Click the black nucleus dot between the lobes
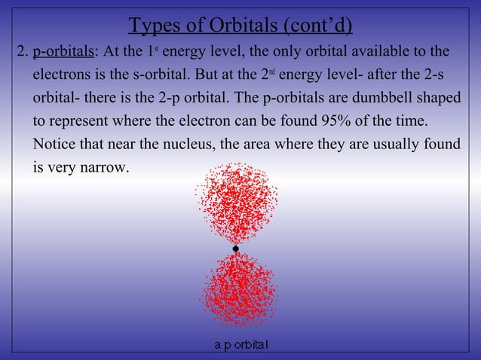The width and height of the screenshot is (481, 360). [x=236, y=249]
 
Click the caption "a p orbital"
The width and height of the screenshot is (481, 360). [x=241, y=345]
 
